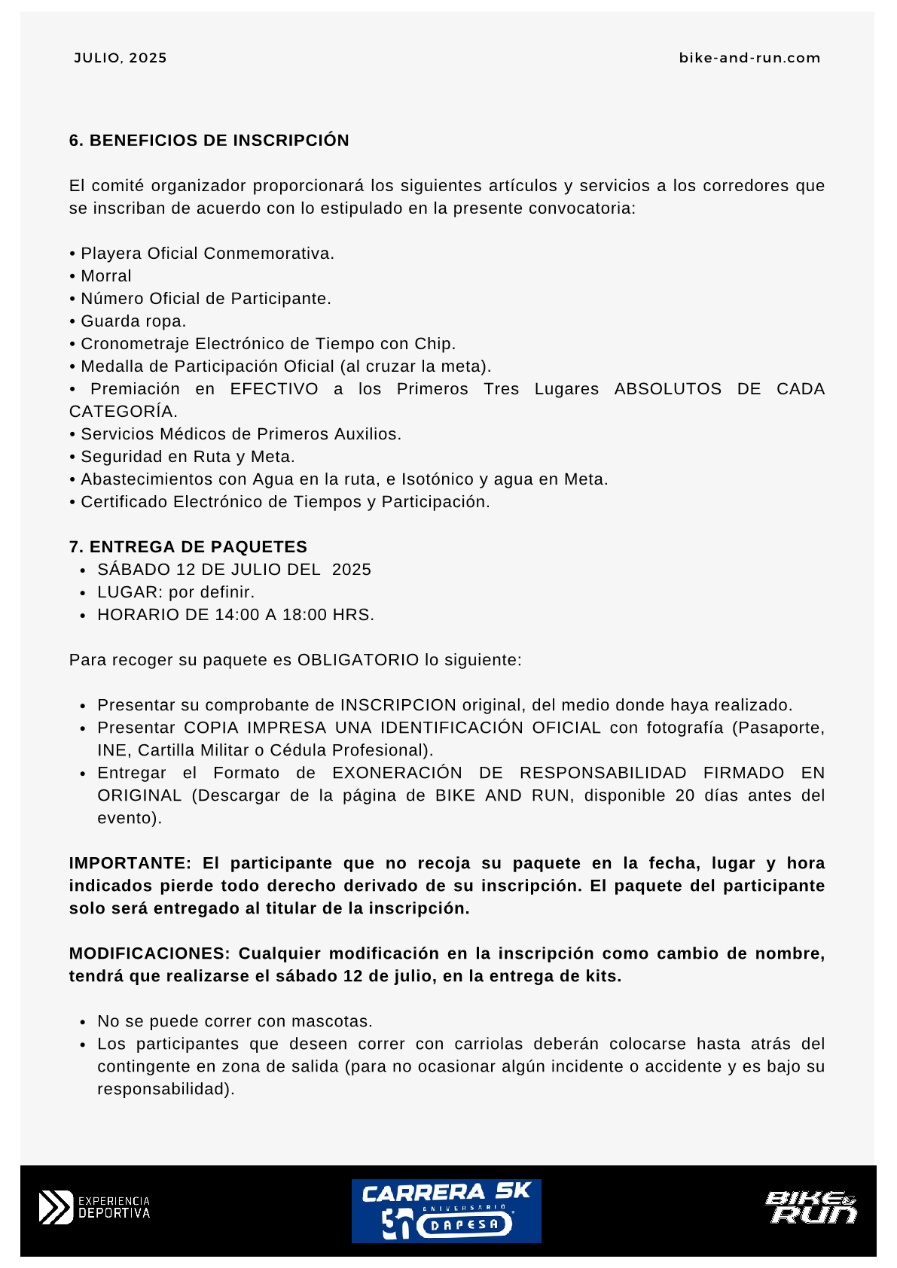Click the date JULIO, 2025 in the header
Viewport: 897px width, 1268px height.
121,58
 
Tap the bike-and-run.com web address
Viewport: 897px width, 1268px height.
749,58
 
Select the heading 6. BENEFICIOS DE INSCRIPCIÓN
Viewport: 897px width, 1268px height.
209,141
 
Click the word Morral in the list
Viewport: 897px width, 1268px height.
106,276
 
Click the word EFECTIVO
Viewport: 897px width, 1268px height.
274,389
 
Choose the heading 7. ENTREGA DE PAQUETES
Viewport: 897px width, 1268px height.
188,547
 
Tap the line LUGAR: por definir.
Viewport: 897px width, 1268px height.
175,592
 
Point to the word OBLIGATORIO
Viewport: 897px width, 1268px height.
358,660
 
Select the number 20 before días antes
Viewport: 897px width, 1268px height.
685,795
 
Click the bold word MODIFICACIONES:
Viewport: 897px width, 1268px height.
149,953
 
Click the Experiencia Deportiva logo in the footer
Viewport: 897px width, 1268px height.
95,1207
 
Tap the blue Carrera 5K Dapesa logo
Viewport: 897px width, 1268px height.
447,1210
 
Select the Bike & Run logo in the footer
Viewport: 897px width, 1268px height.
811,1207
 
